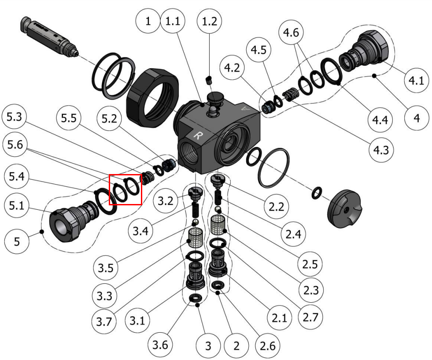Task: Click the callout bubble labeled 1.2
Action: click(x=209, y=21)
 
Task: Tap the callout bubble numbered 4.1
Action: click(x=416, y=81)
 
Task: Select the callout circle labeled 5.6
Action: click(x=15, y=145)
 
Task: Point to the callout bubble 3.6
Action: click(x=160, y=345)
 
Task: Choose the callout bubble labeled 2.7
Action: click(x=310, y=317)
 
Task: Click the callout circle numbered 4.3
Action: click(x=381, y=150)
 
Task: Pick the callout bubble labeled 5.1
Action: click(x=17, y=205)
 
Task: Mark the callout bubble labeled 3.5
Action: click(x=106, y=267)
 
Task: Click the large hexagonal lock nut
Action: click(x=152, y=97)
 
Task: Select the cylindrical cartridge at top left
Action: click(x=50, y=38)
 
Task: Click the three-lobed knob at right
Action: click(x=344, y=208)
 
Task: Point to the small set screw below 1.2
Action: click(x=209, y=79)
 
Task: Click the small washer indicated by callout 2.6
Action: click(x=218, y=285)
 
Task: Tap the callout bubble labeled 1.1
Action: click(x=173, y=21)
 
